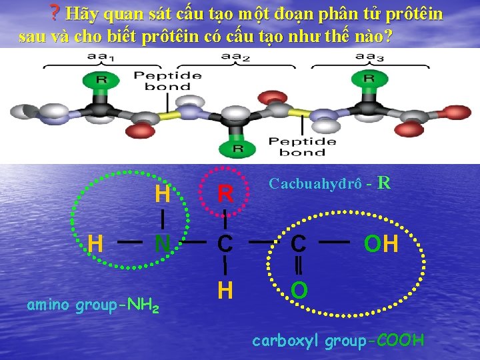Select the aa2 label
click(236, 57)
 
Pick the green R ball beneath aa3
click(369, 79)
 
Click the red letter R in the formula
click(226, 194)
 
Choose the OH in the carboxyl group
click(381, 244)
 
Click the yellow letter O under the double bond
click(299, 291)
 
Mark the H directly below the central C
click(225, 291)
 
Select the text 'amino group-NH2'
click(93, 306)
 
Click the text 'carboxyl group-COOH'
click(338, 341)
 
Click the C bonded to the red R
click(226, 244)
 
